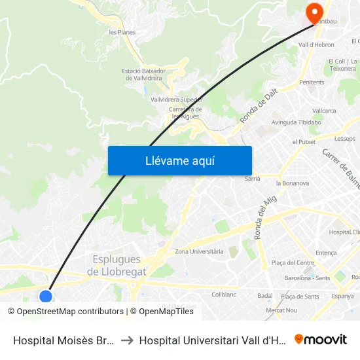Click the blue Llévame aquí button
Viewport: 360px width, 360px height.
click(179, 161)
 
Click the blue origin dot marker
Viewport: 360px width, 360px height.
click(46, 297)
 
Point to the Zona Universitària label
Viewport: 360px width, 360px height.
click(199, 251)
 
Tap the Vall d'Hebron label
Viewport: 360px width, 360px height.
click(316, 45)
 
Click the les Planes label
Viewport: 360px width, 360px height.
click(122, 31)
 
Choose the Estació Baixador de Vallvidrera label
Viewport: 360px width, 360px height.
click(143, 74)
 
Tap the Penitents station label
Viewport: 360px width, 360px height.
click(312, 82)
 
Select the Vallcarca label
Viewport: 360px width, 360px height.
click(324, 111)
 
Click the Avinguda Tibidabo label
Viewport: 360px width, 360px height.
click(297, 122)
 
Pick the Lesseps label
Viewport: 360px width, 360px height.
click(344, 139)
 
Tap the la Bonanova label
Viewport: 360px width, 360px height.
click(293, 183)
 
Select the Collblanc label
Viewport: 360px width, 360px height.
click(224, 295)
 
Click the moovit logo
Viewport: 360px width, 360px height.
click(321, 339)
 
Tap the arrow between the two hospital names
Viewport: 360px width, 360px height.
click(127, 340)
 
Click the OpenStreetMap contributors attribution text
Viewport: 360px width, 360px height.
click(70, 312)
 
